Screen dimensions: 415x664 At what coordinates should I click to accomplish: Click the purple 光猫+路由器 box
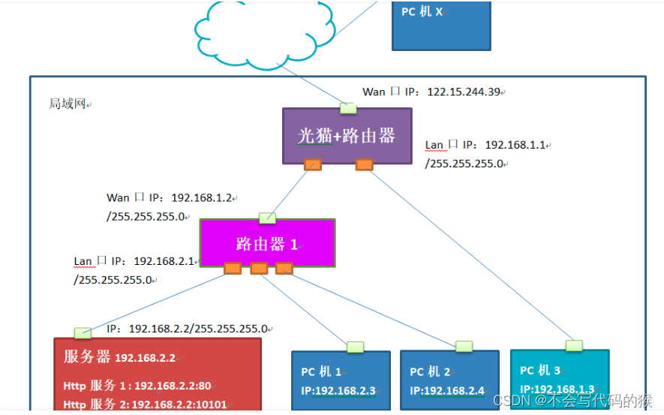tap(347, 135)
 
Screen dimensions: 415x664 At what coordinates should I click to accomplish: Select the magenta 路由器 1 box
tap(267, 242)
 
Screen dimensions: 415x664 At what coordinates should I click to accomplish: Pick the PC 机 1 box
tap(341, 380)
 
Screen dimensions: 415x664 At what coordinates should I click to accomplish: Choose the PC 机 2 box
tap(449, 380)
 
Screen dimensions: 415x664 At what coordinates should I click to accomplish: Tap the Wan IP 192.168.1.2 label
tap(203, 198)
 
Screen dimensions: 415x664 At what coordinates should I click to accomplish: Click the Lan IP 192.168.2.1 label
tap(164, 261)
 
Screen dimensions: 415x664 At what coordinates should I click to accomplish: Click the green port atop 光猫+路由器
tap(348, 108)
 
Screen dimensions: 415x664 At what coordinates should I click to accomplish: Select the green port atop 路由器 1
tap(267, 218)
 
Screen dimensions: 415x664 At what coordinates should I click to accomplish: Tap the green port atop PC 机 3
tap(574, 345)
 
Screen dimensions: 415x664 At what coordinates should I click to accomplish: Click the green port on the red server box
tap(83, 332)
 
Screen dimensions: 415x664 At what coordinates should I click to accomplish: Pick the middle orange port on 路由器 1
tap(259, 268)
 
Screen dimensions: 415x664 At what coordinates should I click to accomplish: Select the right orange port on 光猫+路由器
tap(364, 164)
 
